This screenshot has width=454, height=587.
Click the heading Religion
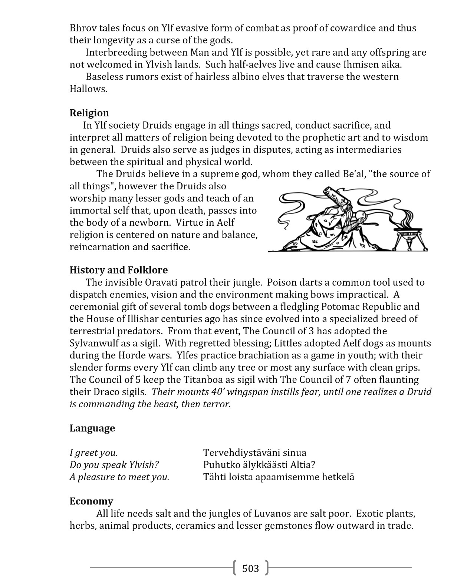89,113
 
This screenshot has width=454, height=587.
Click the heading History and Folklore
118,270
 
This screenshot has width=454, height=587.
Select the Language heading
92,428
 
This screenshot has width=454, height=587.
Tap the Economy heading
91,501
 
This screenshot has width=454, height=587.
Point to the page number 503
250,568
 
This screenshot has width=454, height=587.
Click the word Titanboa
184,380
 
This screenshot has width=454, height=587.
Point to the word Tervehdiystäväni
241,453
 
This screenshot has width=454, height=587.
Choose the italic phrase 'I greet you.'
93,453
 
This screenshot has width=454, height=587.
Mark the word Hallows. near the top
88,89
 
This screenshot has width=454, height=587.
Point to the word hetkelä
336,477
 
